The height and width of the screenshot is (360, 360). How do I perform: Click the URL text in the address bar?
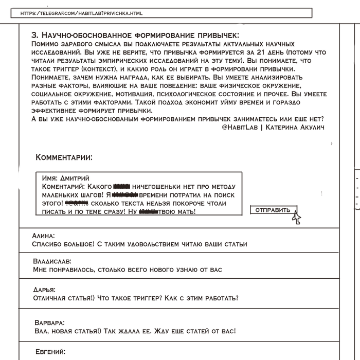[x=81, y=13]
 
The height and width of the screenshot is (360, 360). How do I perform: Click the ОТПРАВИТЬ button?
[x=273, y=210]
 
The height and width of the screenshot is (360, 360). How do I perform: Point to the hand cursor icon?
[x=296, y=218]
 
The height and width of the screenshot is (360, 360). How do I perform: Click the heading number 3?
[x=34, y=35]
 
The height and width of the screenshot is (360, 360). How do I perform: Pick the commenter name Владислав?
[x=52, y=261]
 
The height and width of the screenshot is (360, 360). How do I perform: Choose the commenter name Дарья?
[x=44, y=290]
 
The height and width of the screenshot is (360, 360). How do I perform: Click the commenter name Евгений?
[x=50, y=352]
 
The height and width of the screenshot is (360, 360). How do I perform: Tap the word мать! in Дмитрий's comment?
[x=184, y=211]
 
